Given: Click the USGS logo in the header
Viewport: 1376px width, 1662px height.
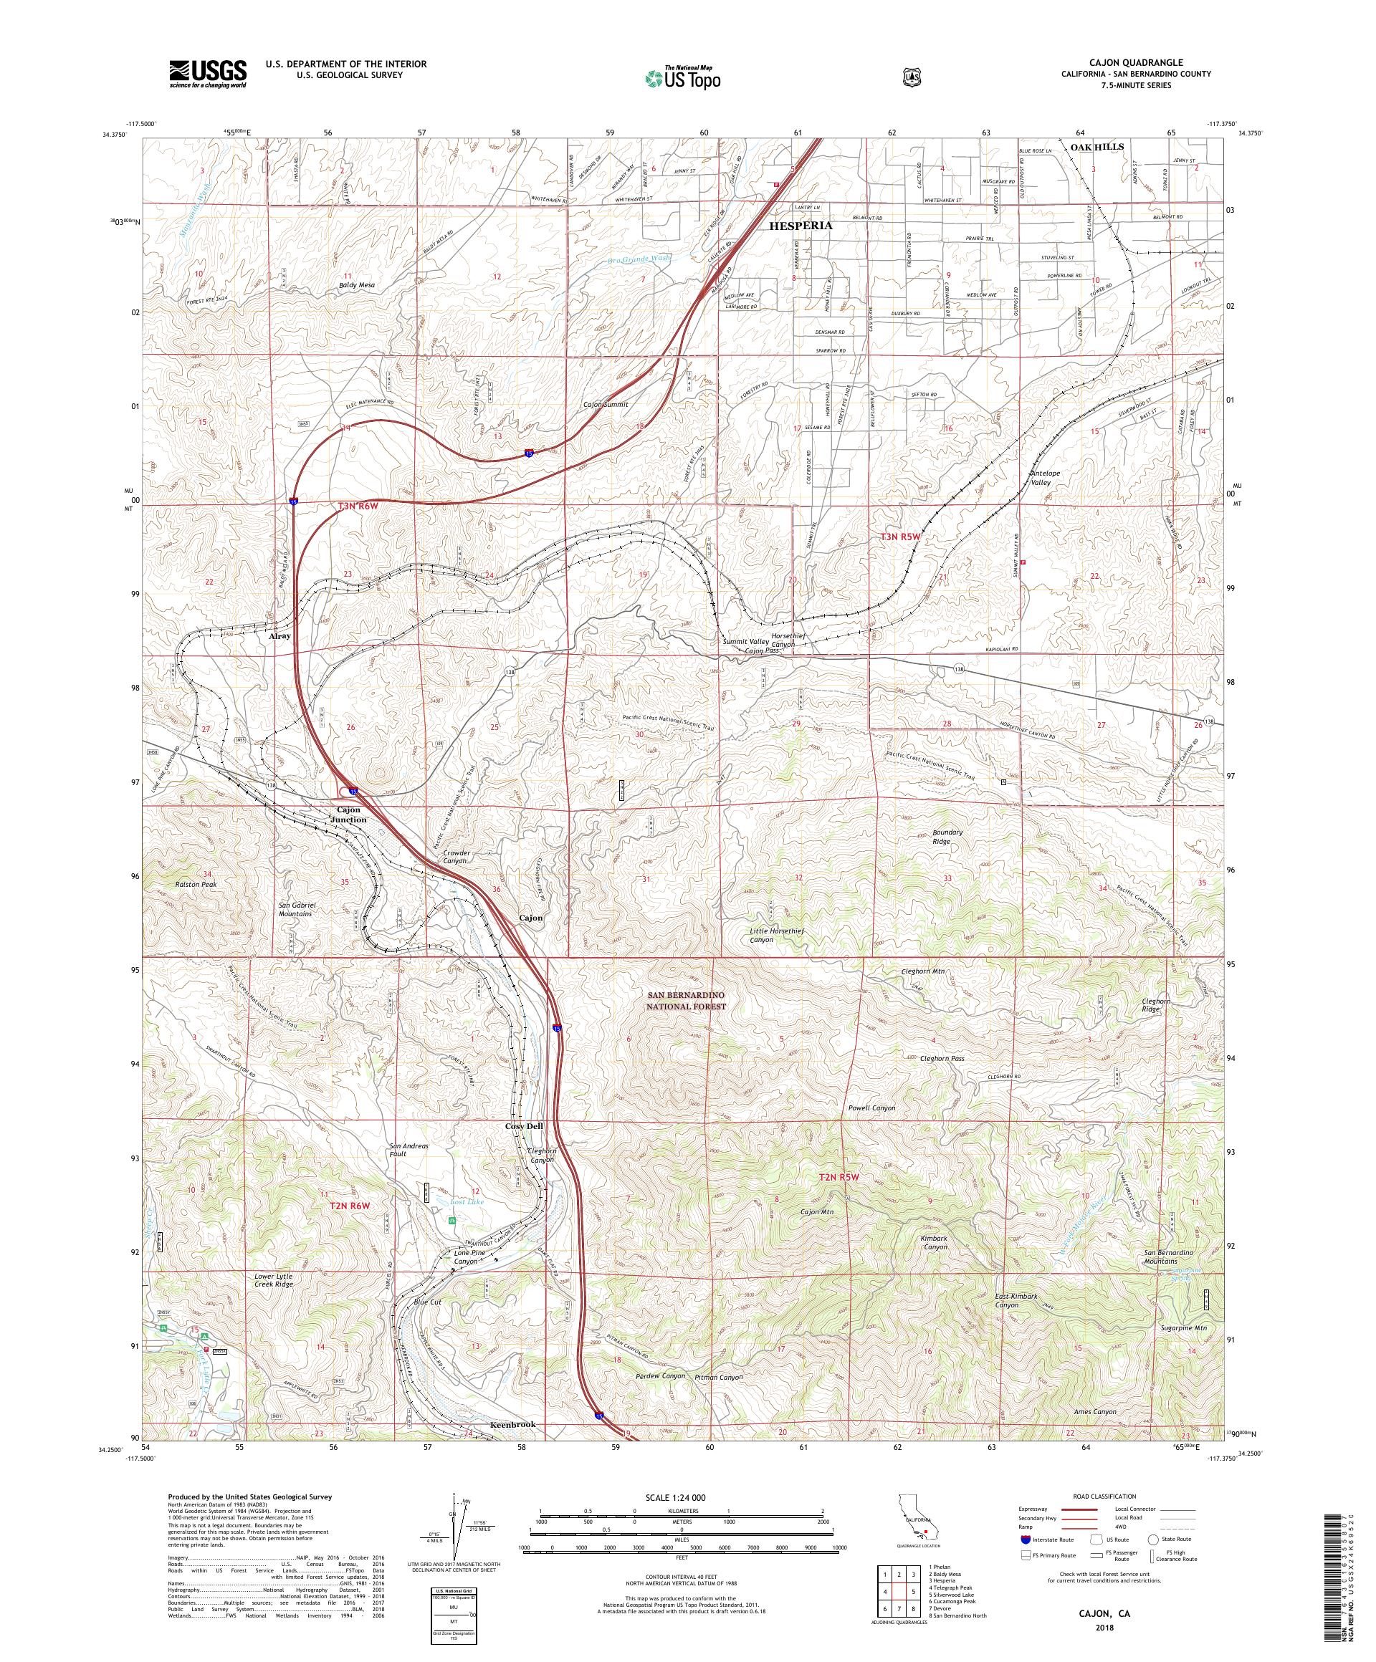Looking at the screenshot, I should tap(206, 74).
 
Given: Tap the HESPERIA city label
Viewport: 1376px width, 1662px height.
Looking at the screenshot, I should tap(801, 225).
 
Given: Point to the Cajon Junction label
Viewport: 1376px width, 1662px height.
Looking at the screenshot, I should tap(348, 815).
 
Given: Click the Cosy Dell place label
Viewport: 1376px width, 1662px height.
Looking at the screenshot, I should tap(524, 1125).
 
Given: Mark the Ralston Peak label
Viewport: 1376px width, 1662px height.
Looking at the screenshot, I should tap(196, 884).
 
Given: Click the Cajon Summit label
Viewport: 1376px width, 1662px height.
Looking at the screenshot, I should tap(606, 403).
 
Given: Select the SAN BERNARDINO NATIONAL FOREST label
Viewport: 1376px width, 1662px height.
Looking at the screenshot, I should tap(687, 999).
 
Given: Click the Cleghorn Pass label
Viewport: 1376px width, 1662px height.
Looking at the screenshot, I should tap(942, 1058).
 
